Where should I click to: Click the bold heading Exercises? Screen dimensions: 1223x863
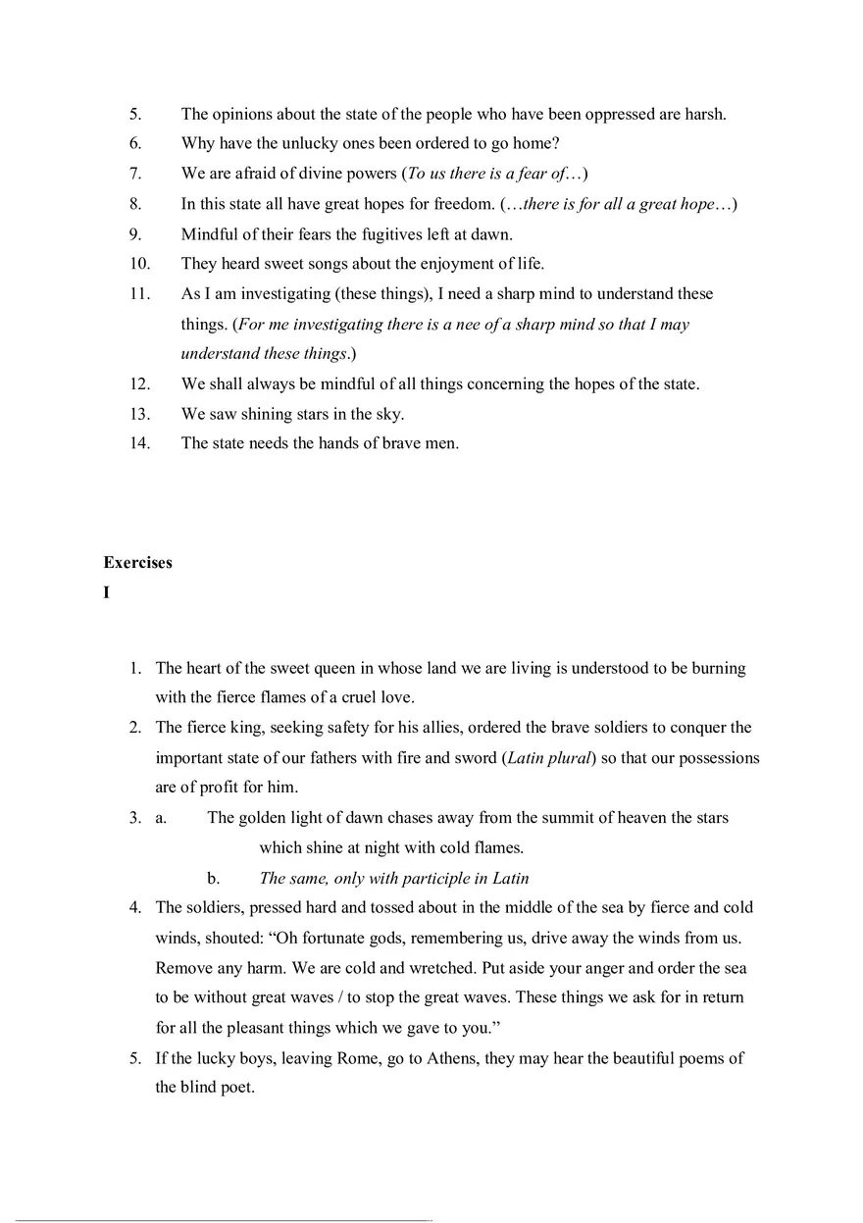137,563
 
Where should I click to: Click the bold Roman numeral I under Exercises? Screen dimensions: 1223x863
106,592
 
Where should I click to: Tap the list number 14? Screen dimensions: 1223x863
139,443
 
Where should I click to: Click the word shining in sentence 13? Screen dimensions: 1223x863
250,414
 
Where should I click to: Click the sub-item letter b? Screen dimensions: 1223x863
213,879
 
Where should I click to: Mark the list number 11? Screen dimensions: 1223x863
139,294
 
